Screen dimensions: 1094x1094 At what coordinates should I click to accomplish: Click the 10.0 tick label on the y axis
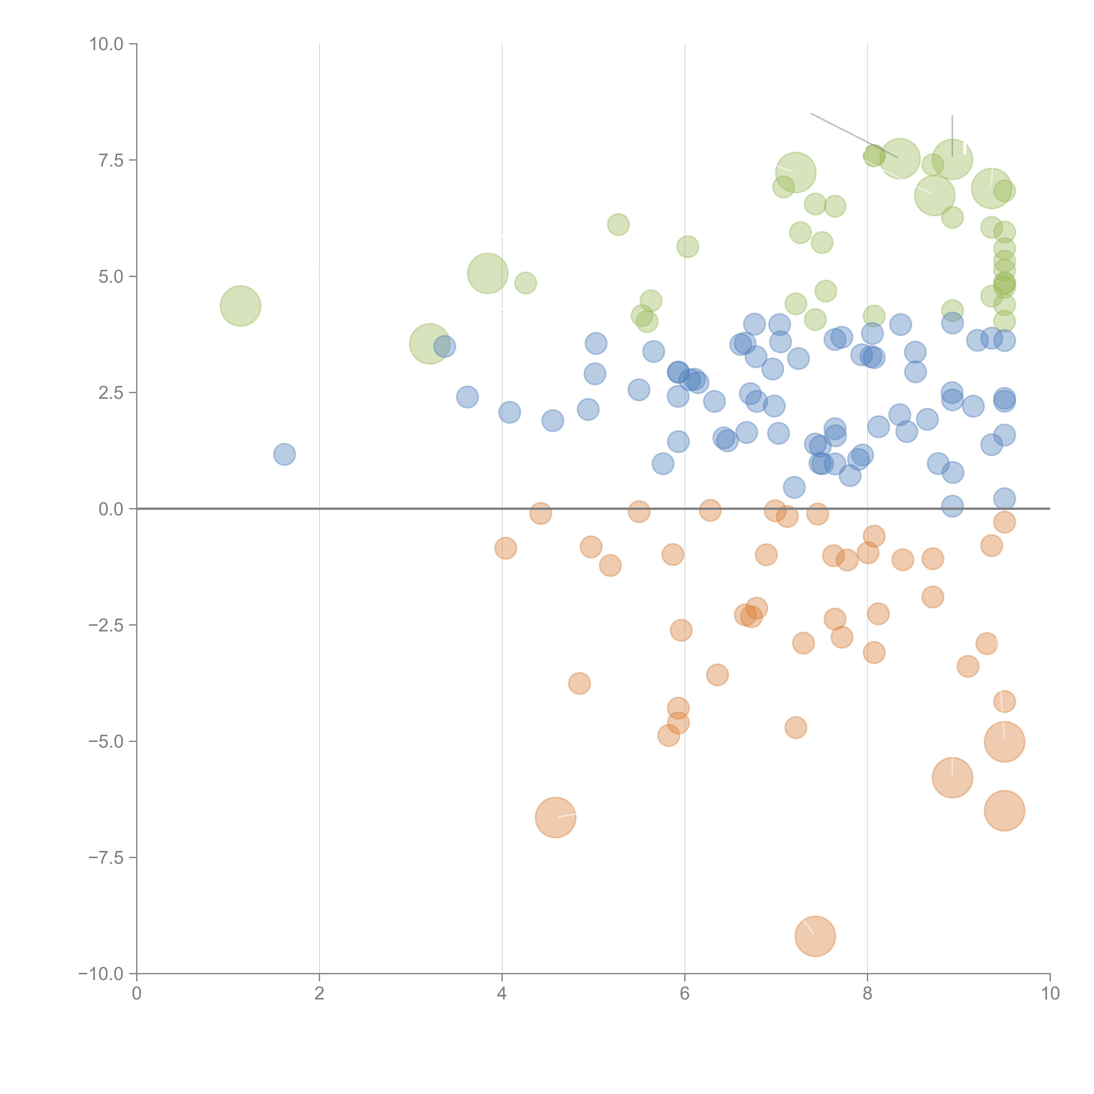107,44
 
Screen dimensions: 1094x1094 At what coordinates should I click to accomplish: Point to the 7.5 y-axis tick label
111,160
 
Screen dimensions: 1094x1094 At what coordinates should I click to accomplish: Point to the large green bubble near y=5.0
487,273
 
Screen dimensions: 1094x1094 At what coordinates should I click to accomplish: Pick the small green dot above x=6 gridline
687,246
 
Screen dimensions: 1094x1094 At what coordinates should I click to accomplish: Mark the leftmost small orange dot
505,548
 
